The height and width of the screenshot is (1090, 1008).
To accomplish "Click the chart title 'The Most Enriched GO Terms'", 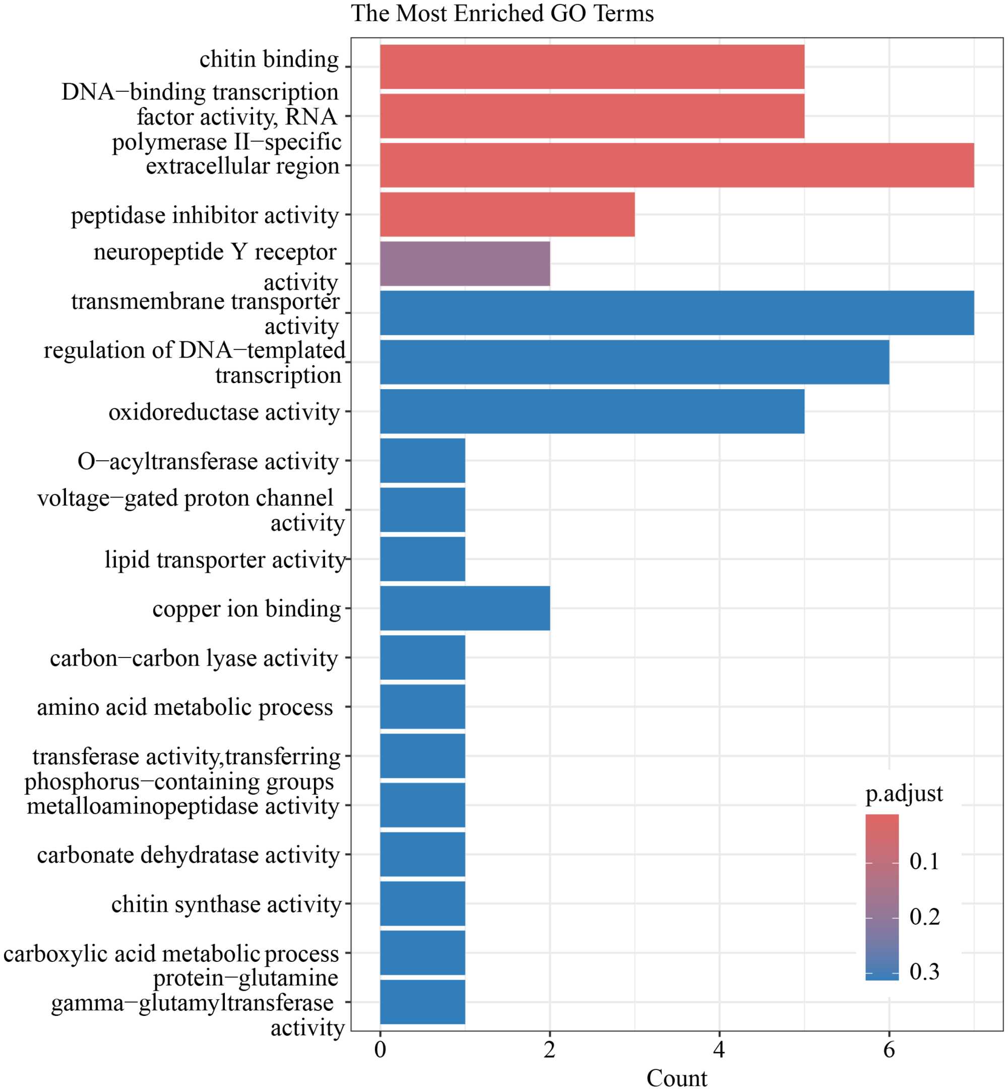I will tap(502, 14).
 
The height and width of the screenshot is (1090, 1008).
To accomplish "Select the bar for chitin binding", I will tap(592, 67).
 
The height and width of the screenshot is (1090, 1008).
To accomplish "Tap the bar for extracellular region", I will tap(676, 165).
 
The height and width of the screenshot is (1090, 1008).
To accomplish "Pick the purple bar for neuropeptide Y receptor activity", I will tap(465, 264).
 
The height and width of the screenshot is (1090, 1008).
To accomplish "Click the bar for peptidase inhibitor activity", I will tap(507, 214).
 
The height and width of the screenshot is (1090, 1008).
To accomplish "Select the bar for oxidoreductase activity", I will tap(592, 411).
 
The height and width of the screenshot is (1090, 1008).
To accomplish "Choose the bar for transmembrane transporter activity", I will tap(676, 313).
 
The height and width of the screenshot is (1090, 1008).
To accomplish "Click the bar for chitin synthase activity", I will tap(423, 903).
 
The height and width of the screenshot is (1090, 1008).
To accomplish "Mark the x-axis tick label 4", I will tap(719, 1049).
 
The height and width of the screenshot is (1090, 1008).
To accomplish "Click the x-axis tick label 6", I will tap(889, 1049).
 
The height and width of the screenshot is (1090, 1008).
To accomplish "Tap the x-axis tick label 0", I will tap(380, 1049).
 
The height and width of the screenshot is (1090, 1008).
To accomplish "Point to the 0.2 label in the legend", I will tap(924, 917).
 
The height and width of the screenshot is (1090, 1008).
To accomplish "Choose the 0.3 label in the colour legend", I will tap(924, 972).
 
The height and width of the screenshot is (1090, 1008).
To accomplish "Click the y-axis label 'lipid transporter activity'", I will tap(225, 560).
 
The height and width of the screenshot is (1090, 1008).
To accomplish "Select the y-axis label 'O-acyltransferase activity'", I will tap(208, 461).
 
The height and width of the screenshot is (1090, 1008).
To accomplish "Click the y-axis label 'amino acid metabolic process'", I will tap(185, 707).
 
